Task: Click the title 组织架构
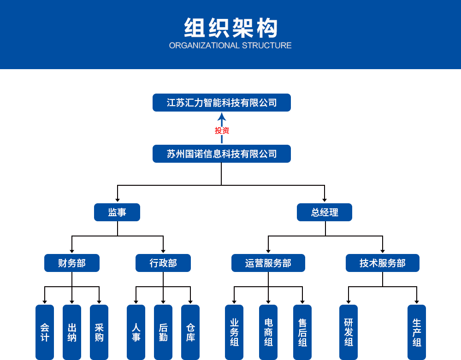pos(230,27)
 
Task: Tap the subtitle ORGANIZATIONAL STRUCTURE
pos(230,45)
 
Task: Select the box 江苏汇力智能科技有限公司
pos(222,102)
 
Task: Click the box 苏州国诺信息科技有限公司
pos(222,153)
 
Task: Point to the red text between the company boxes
pos(222,130)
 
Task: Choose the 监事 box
pos(117,212)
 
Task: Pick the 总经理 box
pos(325,212)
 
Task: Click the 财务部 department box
pos(72,263)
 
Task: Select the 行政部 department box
pos(163,263)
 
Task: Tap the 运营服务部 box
pos(268,263)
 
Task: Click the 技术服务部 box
pos(383,263)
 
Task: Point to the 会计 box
pos(45,332)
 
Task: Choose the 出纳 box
pos(72,332)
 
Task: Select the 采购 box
pos(99,332)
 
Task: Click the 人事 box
pos(136,332)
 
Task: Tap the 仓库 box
pos(190,332)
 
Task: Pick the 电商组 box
pos(268,332)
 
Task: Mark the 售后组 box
pos(302,332)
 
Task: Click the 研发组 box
pos(349,332)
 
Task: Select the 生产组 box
pos(417,332)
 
